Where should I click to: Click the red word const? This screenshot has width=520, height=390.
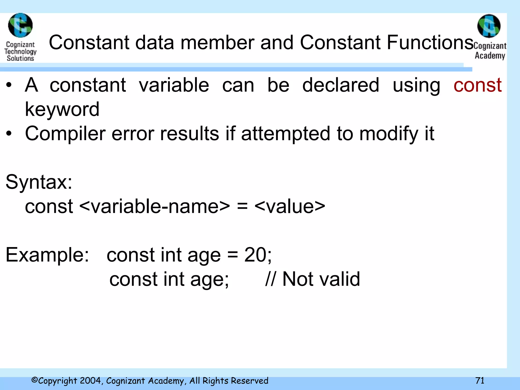(477, 85)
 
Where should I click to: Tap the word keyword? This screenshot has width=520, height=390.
(62, 109)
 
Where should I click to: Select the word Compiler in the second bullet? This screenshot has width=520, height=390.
(65, 134)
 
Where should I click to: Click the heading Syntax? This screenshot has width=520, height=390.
(39, 182)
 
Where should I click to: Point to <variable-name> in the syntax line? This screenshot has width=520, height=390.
(155, 206)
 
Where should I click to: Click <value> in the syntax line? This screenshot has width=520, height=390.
(290, 206)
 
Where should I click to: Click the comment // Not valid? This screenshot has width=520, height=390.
(312, 279)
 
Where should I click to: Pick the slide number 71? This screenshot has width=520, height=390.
(480, 381)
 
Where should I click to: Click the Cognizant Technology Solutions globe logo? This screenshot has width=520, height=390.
(20, 25)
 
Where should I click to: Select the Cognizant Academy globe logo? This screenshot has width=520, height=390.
(489, 26)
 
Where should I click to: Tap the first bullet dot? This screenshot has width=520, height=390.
(9, 85)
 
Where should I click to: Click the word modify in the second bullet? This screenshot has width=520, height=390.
(389, 134)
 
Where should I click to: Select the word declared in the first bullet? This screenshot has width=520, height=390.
(341, 85)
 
